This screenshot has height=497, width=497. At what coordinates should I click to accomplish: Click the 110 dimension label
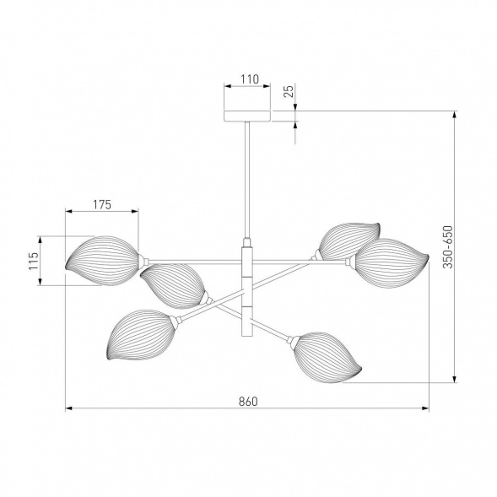250,79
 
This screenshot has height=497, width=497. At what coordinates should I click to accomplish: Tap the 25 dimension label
289,91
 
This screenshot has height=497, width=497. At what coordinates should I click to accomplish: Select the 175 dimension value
102,205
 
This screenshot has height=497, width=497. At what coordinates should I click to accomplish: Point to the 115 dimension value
34,261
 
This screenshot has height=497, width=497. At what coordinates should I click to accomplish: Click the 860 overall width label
248,402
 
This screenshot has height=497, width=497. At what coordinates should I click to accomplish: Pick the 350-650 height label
448,247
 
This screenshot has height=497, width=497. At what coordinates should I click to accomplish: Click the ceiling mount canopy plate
247,116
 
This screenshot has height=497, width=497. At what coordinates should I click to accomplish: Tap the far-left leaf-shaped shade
102,261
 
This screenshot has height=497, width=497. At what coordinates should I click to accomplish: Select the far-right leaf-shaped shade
392,264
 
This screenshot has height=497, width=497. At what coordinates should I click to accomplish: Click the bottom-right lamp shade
327,357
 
